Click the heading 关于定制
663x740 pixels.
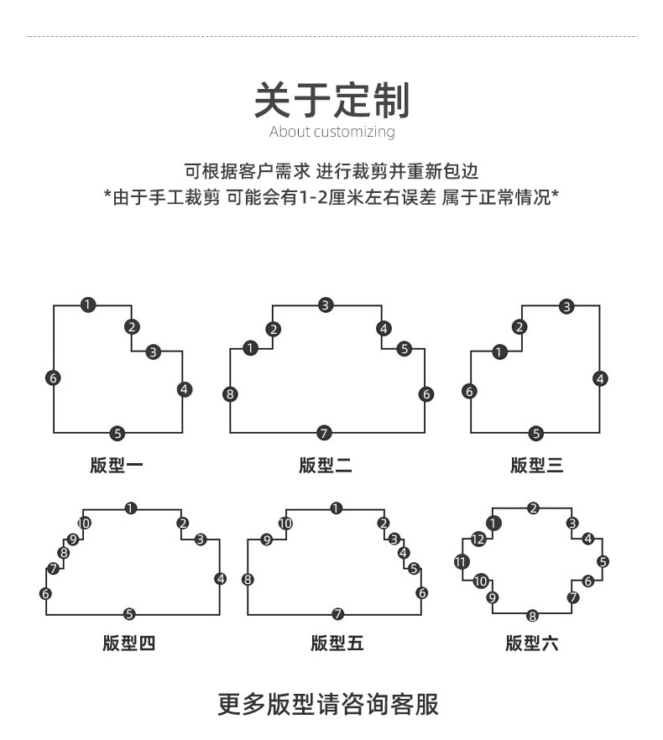[x=331, y=101]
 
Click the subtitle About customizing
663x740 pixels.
[x=331, y=132]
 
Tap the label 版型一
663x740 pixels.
[x=117, y=465]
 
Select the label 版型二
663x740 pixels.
[x=326, y=465]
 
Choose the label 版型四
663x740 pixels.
[x=129, y=644]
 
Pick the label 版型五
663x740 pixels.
[x=337, y=644]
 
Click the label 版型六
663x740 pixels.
[x=532, y=644]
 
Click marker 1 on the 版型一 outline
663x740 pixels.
[x=88, y=305]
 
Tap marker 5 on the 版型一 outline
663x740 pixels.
[x=117, y=434]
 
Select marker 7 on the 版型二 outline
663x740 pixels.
[x=325, y=434]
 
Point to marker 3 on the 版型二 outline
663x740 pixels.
[x=326, y=305]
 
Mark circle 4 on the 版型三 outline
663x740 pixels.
[x=600, y=379]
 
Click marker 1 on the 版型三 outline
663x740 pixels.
[x=500, y=352]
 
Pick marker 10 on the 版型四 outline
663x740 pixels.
[x=84, y=524]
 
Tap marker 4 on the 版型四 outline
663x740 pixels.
[x=221, y=578]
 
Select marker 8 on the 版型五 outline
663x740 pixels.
[x=248, y=580]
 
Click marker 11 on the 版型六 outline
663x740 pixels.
[x=462, y=562]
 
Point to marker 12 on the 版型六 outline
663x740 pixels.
[x=478, y=539]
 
